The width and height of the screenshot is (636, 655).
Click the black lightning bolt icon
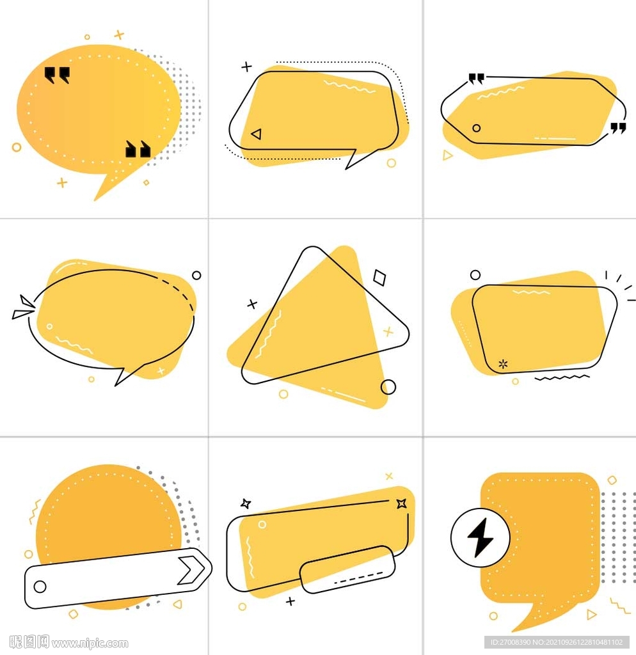coord(481,538)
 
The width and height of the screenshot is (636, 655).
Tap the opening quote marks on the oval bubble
coord(57,75)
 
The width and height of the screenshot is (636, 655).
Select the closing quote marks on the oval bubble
coord(138,149)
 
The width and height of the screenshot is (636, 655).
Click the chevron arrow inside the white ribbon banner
coord(191,569)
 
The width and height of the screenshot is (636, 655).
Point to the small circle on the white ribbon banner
coord(40,587)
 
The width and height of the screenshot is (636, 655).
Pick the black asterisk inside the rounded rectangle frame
coord(503,364)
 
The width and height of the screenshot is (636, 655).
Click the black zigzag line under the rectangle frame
coord(562,377)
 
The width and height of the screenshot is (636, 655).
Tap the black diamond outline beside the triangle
coord(379,278)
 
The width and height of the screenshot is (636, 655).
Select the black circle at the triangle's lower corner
coord(388,387)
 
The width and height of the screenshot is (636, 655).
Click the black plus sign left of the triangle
coord(252,304)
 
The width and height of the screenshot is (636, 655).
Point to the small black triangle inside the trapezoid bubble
coord(257,134)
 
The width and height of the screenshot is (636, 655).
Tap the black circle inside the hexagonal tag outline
coord(477,128)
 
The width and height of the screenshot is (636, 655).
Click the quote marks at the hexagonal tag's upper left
coord(477,79)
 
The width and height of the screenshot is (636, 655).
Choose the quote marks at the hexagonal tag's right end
coord(618,128)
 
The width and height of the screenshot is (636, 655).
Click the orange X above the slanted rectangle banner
coord(389,476)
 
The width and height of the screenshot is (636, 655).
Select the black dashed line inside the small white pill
coord(358,578)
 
